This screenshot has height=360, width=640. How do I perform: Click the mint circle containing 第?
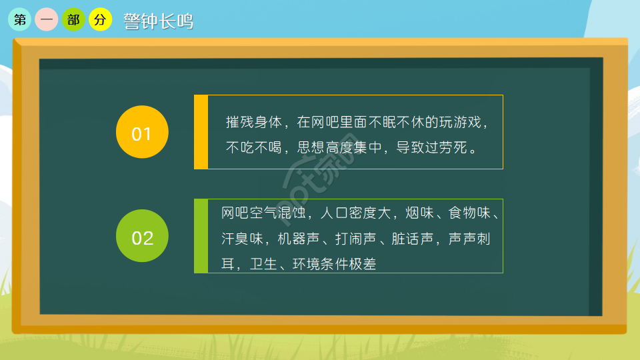[20, 20]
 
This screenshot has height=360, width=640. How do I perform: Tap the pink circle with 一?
[47, 20]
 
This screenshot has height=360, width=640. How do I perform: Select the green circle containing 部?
[73, 20]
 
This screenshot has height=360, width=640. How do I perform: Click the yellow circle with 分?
[100, 20]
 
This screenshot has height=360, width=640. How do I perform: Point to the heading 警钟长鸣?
[159, 21]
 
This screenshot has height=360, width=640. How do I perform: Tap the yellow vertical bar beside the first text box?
[201, 132]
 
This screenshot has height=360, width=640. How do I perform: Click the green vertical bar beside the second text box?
[201, 236]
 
